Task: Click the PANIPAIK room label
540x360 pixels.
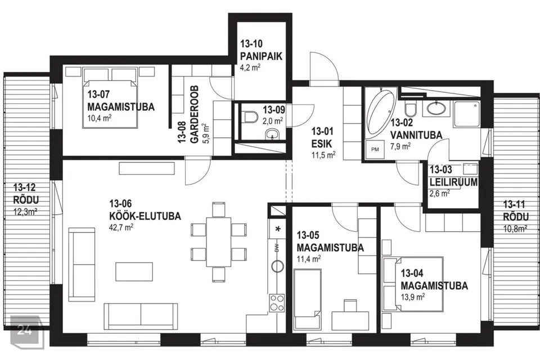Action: [261, 56]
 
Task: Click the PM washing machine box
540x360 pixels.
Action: [375, 149]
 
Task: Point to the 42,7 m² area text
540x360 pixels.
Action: [121, 227]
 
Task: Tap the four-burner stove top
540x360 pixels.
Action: [277, 303]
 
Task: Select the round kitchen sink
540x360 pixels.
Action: [277, 265]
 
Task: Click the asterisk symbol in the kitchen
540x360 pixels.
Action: [278, 228]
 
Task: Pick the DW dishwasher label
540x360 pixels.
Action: [277, 248]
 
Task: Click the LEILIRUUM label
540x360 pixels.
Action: [453, 182]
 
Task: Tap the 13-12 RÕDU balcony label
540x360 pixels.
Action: [26, 193]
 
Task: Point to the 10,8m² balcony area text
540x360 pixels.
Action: [516, 228]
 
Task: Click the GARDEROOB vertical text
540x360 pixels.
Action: [194, 114]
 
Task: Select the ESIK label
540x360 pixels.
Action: [322, 143]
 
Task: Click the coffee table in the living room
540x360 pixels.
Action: [134, 272]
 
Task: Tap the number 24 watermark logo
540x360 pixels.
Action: [25, 330]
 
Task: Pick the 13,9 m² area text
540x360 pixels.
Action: [412, 296]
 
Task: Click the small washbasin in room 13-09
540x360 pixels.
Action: [273, 134]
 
